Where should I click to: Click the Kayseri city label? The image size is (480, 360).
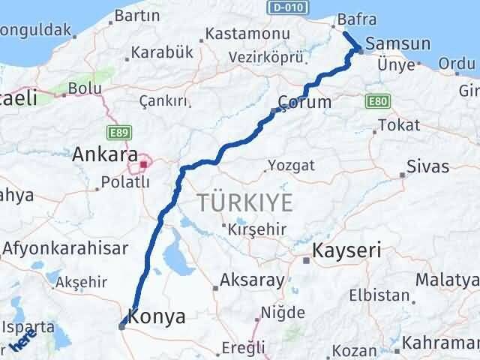pos(347,250)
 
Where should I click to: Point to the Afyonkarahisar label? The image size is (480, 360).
pos(64,247)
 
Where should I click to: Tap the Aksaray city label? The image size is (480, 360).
pos(252,281)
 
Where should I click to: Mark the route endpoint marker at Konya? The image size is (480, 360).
pos(122,325)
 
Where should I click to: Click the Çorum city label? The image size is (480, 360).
pos(304,102)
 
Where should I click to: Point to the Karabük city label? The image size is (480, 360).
pos(162,52)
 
